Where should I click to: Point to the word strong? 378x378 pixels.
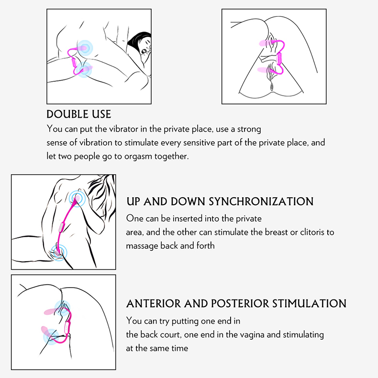(x=249, y=130)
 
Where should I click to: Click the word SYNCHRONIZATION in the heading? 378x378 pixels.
(x=261, y=201)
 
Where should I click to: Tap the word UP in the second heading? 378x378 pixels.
(x=133, y=201)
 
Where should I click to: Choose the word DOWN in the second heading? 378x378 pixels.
(x=188, y=201)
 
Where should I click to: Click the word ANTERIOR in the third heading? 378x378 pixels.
(x=154, y=303)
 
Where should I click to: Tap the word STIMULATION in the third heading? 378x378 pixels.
(x=309, y=303)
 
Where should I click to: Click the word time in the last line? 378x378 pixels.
(x=180, y=348)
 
